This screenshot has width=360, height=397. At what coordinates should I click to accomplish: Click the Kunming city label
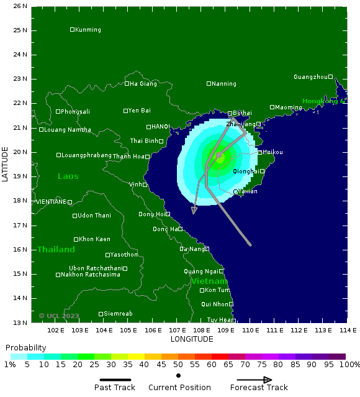pyautogui.click(x=88, y=30)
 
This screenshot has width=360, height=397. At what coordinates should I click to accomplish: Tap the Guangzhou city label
pyautogui.click(x=310, y=77)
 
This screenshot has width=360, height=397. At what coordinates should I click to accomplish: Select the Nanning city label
pyautogui.click(x=224, y=84)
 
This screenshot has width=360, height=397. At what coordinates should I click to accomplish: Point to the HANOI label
pyautogui.click(x=160, y=127)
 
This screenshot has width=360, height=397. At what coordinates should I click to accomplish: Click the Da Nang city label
pyautogui.click(x=192, y=249)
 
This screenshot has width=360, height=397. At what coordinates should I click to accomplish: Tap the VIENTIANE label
pyautogui.click(x=51, y=202)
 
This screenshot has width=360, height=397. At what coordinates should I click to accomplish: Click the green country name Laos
pyautogui.click(x=68, y=176)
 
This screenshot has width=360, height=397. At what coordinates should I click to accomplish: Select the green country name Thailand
pyautogui.click(x=56, y=250)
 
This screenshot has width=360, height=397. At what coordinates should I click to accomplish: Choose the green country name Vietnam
pyautogui.click(x=209, y=281)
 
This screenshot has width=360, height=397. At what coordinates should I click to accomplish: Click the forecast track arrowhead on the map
pyautogui.click(x=194, y=211)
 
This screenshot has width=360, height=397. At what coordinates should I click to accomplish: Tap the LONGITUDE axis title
pyautogui.click(x=192, y=339)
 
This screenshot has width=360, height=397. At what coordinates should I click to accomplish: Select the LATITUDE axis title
pyautogui.click(x=5, y=164)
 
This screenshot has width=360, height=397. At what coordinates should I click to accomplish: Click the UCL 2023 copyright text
pyautogui.click(x=59, y=316)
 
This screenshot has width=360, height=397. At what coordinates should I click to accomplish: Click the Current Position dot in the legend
pyautogui.click(x=178, y=375)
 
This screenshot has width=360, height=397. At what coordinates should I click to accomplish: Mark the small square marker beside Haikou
pyautogui.click(x=259, y=152)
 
